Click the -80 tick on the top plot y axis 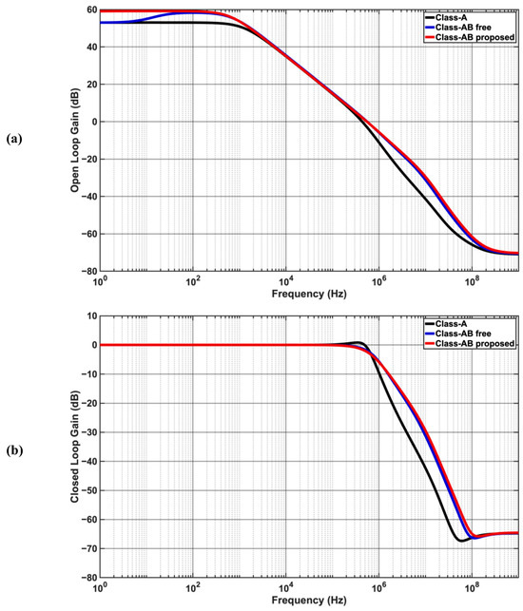(x=88, y=271)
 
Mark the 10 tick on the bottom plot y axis (x=90, y=315)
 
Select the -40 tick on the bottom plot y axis (x=88, y=461)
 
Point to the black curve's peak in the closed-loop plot (x=358, y=341)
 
